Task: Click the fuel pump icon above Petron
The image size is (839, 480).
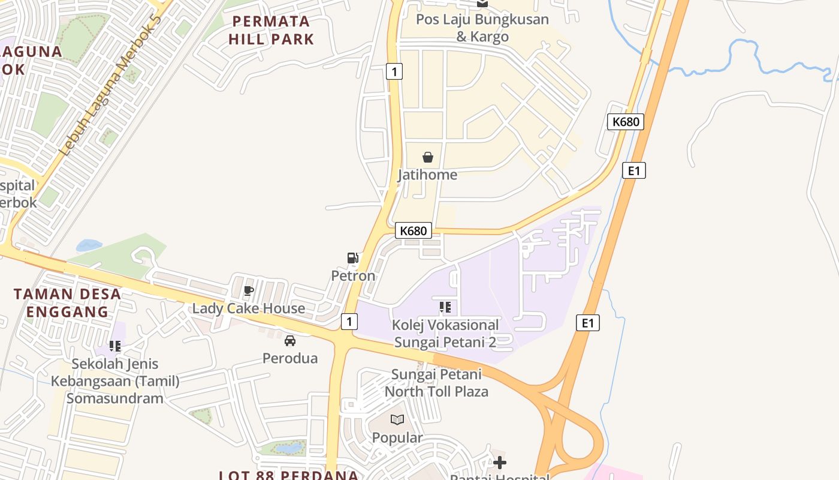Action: [x=353, y=259]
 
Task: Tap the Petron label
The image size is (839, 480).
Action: [x=353, y=276]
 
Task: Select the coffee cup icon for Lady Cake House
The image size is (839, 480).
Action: [x=249, y=291]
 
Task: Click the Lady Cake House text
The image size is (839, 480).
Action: [x=248, y=308]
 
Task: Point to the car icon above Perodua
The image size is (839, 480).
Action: [x=290, y=341]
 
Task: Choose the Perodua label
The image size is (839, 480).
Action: [x=290, y=358]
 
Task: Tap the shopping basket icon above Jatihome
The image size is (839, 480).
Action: [x=428, y=157]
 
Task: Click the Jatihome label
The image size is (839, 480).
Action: [x=427, y=175]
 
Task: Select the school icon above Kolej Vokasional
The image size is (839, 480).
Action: [x=445, y=308]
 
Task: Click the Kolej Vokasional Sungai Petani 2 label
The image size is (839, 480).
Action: [x=445, y=334]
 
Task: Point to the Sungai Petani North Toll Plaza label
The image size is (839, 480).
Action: [x=436, y=383]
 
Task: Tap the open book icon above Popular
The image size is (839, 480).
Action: [x=397, y=420]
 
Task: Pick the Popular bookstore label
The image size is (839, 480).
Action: [x=397, y=437]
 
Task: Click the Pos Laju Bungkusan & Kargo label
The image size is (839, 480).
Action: [x=482, y=28]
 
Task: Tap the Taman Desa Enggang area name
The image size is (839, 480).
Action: [x=67, y=303]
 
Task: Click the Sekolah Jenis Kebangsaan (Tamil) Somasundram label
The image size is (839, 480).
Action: [x=115, y=381]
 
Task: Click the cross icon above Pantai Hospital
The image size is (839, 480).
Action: [x=500, y=463]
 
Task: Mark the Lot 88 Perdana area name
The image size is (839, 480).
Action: [x=289, y=475]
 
